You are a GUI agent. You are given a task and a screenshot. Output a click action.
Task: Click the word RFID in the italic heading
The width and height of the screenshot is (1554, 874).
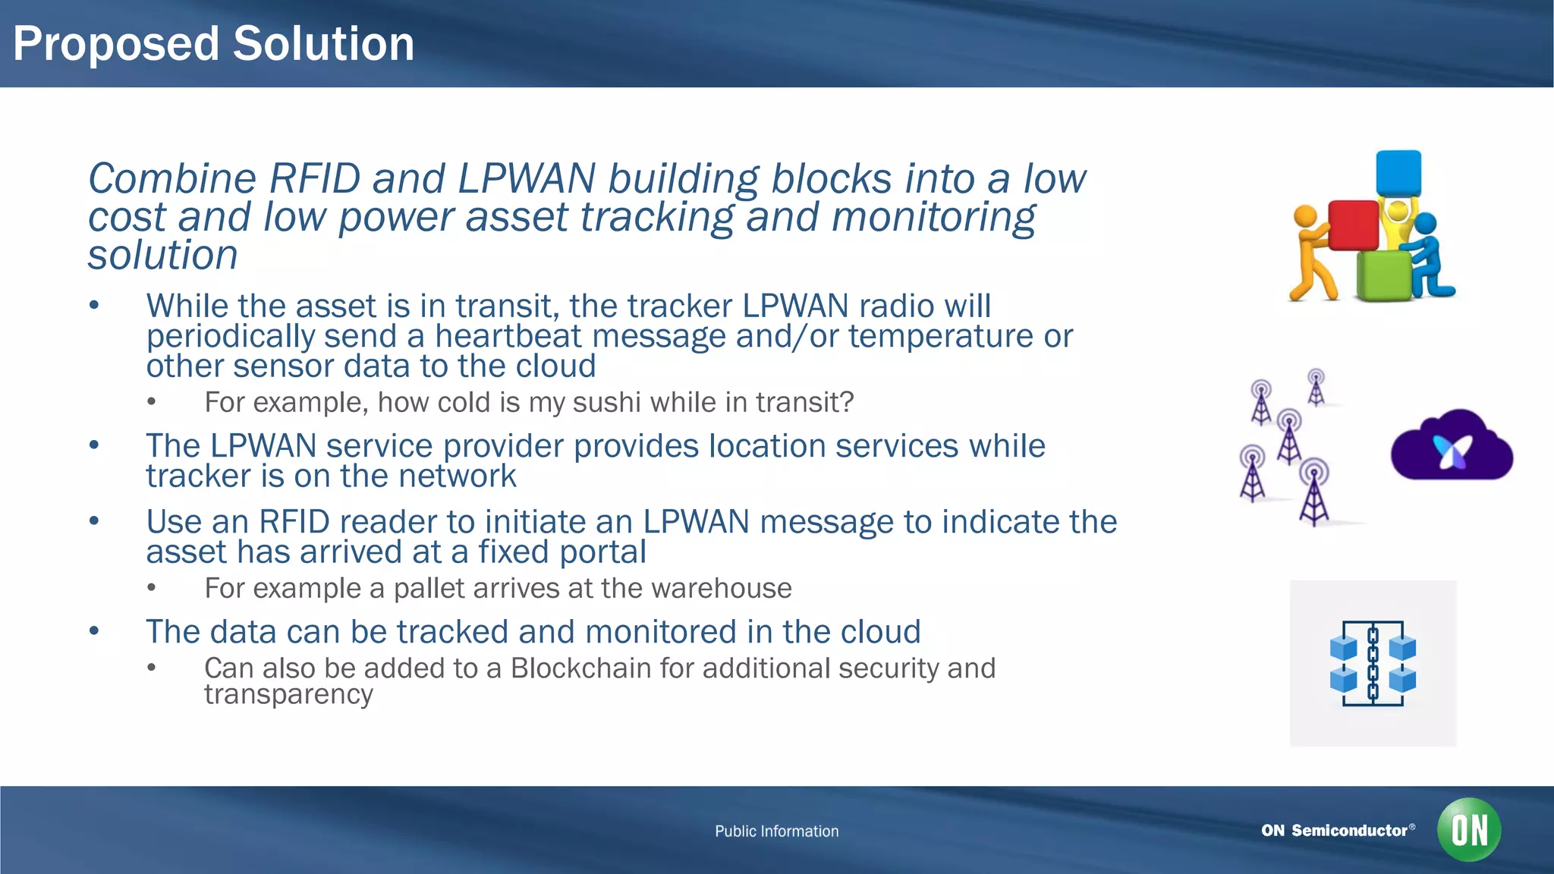(314, 179)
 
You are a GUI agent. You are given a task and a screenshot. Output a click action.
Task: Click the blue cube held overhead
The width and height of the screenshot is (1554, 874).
(1398, 174)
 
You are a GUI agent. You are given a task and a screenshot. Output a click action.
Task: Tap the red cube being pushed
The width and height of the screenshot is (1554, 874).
(1352, 225)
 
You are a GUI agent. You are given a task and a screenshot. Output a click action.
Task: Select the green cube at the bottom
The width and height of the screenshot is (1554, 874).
(1383, 275)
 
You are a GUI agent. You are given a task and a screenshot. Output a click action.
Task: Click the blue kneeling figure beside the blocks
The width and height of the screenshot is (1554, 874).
(1430, 258)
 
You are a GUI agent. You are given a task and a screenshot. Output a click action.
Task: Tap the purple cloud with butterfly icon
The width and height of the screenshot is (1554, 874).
(1451, 448)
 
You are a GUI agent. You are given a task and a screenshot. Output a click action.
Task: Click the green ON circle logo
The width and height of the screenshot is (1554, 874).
(1468, 829)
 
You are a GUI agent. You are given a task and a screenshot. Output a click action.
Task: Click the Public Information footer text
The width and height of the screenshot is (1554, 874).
(776, 832)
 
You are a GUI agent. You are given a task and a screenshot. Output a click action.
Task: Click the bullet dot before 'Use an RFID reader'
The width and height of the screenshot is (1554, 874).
(94, 521)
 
